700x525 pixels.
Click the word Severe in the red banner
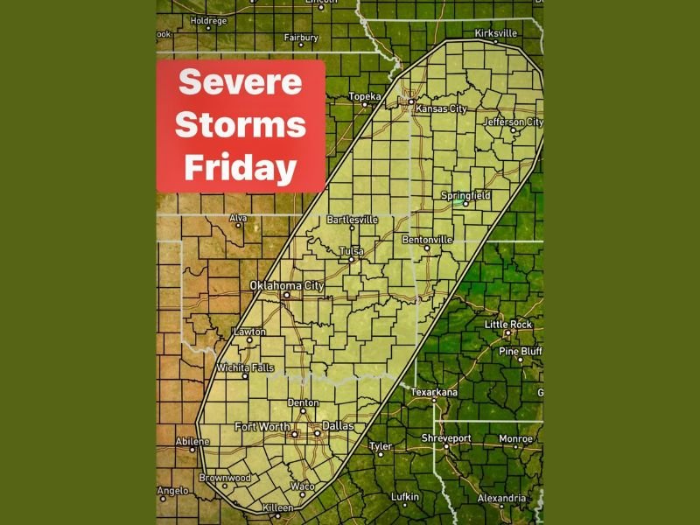[x=241, y=83]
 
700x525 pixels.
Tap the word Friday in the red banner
[x=241, y=167]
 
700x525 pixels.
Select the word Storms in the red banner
[x=241, y=125]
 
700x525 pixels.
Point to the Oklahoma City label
[x=287, y=285]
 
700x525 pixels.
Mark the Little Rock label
[x=508, y=325]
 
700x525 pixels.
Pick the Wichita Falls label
[x=245, y=367]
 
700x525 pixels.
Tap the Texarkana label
[x=434, y=393]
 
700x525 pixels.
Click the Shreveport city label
[x=446, y=437]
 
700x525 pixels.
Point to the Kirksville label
[x=496, y=33]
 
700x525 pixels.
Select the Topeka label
[x=365, y=95]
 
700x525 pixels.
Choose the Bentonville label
[x=427, y=239]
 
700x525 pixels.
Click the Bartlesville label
[x=352, y=220]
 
